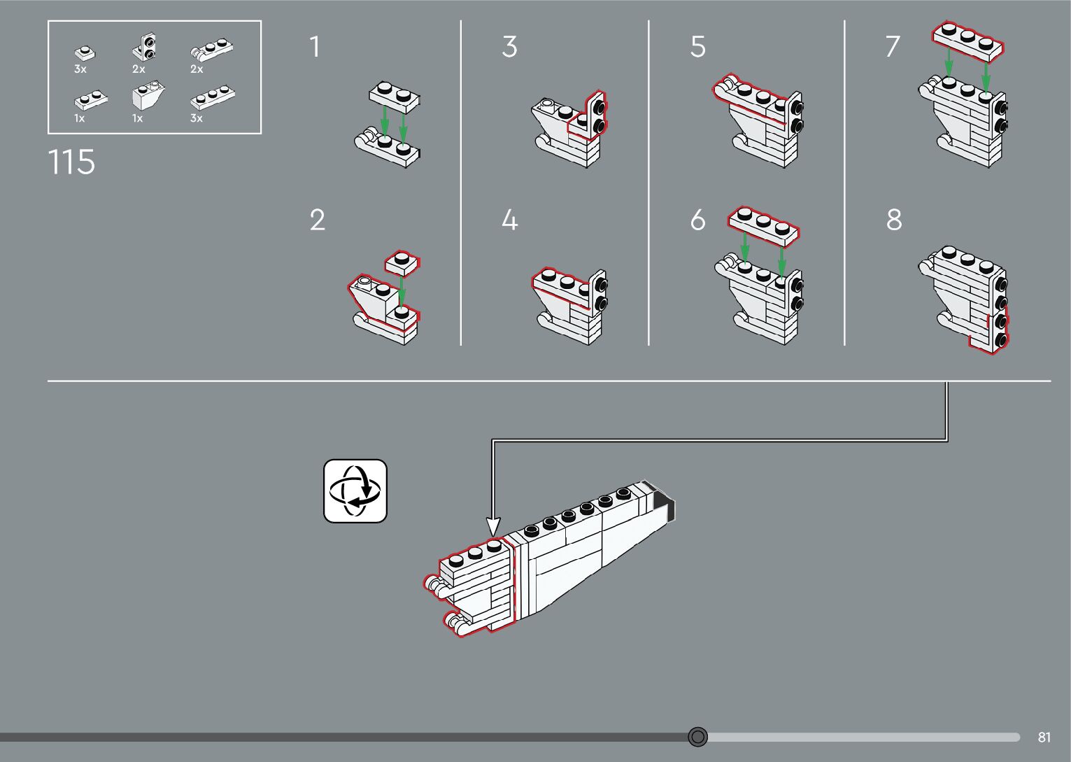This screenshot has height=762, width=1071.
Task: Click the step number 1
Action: coord(315,47)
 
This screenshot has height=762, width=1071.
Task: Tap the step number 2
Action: coord(318,220)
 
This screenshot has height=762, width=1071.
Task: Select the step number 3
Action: coord(510,47)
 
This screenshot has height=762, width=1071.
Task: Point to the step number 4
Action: coord(510,220)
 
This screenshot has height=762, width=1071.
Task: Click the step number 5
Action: coord(698,47)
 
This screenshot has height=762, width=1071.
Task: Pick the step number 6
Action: coord(698,220)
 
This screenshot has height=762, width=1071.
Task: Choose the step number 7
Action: coord(893,47)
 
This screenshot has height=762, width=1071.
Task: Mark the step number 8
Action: coord(894,220)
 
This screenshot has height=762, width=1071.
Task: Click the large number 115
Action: coord(72,162)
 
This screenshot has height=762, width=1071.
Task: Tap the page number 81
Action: coord(1044,737)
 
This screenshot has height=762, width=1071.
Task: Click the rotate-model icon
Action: coord(355,491)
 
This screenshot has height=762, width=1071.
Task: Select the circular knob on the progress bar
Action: coord(697,737)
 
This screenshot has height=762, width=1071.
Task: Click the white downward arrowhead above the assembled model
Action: coord(493,526)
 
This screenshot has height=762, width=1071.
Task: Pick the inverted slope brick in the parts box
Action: coord(148,94)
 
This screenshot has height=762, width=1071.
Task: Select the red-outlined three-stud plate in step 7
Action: coord(967,41)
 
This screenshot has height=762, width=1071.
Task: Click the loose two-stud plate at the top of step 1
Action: coord(395,97)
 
